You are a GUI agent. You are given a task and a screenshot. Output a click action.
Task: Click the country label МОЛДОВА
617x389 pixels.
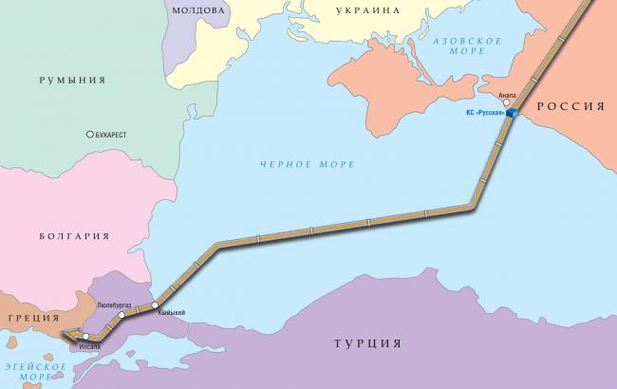pos(197,9)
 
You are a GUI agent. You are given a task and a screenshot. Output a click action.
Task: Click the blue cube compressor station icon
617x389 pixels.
pos(511,114)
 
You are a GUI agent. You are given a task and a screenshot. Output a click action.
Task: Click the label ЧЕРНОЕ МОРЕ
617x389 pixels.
pos(308,164)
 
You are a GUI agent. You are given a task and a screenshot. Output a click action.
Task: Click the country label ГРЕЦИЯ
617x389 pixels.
pos(30,319)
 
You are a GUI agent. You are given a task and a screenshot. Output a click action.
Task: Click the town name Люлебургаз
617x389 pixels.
pos(118,305)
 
